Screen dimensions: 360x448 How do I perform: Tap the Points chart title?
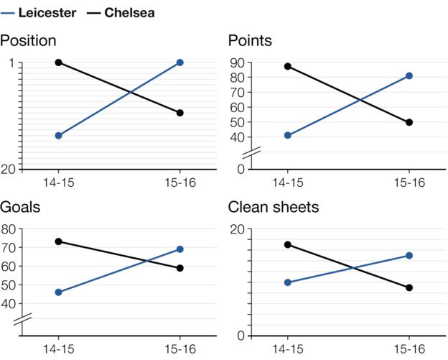pos(250,41)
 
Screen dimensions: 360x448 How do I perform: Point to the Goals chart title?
pos(20,208)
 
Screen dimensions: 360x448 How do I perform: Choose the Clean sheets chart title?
pos(274,208)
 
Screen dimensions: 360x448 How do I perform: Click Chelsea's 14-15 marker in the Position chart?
pos(59,63)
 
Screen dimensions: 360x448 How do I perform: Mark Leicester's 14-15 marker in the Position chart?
pos(59,135)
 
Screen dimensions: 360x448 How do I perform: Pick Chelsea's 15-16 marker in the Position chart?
pos(179,113)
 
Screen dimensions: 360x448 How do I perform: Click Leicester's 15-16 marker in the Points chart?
pos(409,75)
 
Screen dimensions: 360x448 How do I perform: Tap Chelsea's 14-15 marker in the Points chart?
pos(288,66)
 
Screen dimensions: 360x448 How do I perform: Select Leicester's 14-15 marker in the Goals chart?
pos(59,292)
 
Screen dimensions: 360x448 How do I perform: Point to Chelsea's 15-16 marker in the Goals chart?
pos(179,268)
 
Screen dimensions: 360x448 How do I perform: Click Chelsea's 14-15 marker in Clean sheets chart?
pos(288,244)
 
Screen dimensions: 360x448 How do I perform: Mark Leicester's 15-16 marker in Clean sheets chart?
pos(409,255)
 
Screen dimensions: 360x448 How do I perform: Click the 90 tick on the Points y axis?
pos(236,63)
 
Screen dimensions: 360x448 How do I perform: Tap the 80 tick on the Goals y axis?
pos(9,229)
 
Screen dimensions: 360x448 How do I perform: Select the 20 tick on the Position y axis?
pos(9,169)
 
